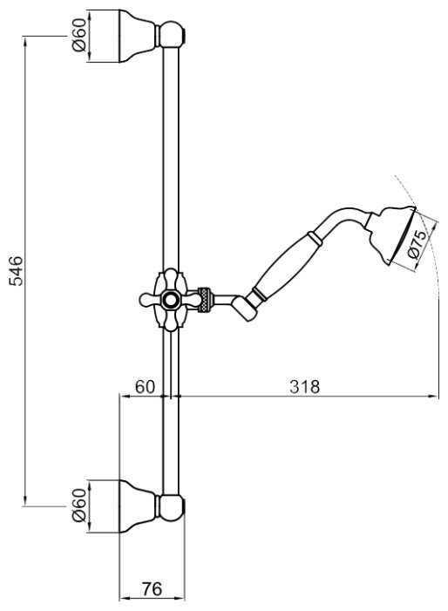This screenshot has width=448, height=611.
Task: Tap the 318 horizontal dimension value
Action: (x=304, y=386)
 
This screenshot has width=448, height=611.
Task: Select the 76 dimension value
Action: (x=152, y=589)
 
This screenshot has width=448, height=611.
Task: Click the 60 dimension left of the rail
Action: (x=145, y=386)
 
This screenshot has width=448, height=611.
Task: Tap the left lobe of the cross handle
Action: (x=147, y=300)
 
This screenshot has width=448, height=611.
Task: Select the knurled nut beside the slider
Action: (x=206, y=300)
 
